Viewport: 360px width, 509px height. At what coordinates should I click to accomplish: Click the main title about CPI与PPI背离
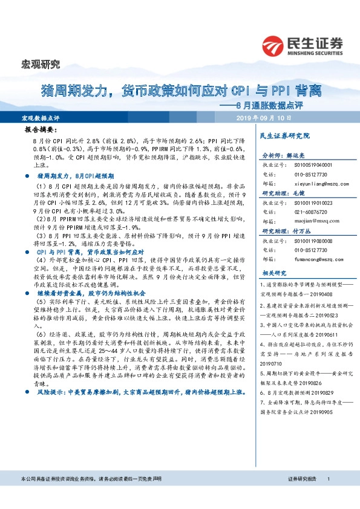[x=181, y=91]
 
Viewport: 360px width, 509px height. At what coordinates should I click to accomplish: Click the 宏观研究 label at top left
[x=41, y=64]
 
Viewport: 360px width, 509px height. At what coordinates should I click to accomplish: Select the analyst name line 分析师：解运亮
[x=280, y=155]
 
